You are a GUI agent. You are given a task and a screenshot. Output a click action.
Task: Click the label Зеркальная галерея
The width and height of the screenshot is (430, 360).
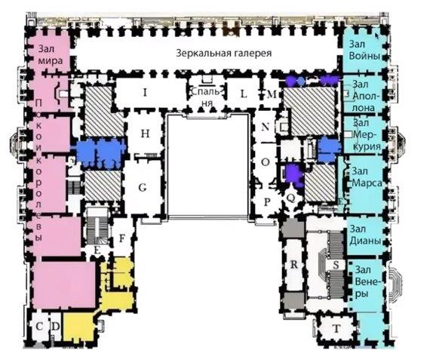[224, 53]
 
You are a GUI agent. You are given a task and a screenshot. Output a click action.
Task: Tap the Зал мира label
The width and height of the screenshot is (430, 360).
[51, 54]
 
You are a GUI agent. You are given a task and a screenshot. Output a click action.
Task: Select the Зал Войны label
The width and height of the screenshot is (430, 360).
[364, 50]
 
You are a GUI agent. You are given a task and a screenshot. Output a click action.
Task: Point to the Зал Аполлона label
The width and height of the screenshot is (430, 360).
[366, 96]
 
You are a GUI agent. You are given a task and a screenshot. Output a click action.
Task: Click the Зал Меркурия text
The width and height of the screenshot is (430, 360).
[367, 134]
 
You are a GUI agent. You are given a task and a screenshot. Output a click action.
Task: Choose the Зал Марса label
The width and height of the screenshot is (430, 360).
[367, 177]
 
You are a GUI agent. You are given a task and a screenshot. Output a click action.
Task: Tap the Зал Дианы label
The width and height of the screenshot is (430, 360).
[365, 235]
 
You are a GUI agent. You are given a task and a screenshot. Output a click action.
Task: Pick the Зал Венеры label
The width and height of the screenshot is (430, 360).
[367, 282]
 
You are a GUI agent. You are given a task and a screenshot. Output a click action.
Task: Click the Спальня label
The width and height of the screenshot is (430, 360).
[205, 97]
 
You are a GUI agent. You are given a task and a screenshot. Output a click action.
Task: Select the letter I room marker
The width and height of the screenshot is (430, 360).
[145, 93]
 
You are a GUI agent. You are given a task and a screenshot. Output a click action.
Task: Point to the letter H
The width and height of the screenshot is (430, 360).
[145, 134]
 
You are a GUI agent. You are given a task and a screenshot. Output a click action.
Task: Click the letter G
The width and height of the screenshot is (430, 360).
[143, 188]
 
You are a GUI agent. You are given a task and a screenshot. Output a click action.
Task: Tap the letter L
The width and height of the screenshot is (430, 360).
[244, 94]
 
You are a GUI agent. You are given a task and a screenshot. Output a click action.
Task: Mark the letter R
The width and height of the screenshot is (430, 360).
[293, 264]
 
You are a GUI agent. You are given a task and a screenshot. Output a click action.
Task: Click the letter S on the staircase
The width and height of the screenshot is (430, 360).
[336, 265]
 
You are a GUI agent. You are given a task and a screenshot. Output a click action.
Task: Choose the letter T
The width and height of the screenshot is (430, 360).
[336, 328]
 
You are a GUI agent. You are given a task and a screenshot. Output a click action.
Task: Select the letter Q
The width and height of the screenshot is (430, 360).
[290, 198]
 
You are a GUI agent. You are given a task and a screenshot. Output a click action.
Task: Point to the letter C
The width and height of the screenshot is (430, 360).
[39, 327]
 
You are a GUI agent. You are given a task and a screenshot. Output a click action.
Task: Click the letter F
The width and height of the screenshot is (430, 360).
[122, 238]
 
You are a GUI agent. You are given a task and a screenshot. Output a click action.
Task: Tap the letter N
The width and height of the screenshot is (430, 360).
[266, 127]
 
